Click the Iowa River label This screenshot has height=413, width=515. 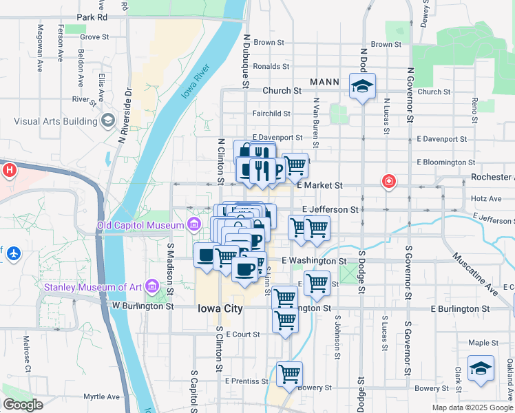[196, 83]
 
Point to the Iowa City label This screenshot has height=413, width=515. [220, 308]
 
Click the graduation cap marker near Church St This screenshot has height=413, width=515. [362, 87]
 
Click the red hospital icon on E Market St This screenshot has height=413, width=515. [389, 182]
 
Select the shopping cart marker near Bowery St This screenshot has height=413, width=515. [290, 374]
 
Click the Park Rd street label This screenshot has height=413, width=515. [92, 17]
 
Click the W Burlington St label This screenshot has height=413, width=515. [143, 306]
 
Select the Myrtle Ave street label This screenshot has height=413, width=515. [103, 396]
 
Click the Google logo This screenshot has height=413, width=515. [23, 405]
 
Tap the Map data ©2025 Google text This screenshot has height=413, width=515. [472, 407]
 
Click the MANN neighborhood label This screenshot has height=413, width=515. [324, 82]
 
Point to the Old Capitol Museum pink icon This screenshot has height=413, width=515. [194, 224]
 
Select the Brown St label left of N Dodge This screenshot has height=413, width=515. [269, 43]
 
